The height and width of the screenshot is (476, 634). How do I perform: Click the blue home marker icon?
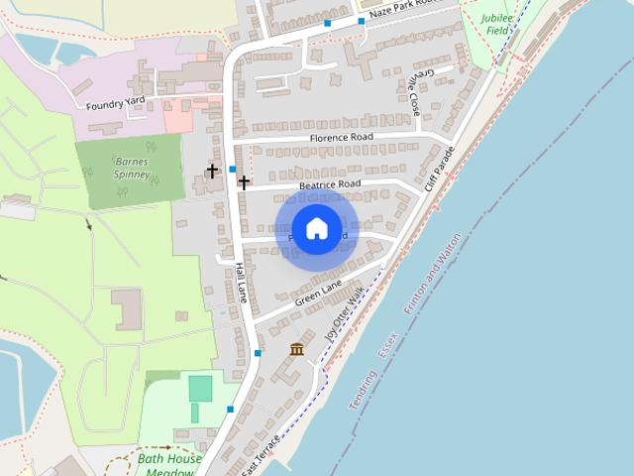pyautogui.click(x=316, y=228)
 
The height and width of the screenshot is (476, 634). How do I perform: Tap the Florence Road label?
pyautogui.click(x=341, y=137)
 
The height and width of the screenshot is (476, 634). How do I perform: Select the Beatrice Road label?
pyautogui.click(x=330, y=185)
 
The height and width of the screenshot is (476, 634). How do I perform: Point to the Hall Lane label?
pyautogui.click(x=242, y=282)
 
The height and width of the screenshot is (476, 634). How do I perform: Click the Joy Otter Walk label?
pyautogui.click(x=345, y=313)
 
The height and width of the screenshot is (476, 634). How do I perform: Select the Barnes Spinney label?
pyautogui.click(x=132, y=168)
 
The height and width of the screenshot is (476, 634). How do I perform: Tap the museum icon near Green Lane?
pyautogui.click(x=296, y=349)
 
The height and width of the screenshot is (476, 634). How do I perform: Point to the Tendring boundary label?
pyautogui.click(x=363, y=392)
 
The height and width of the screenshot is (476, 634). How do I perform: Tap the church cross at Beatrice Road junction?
pyautogui.click(x=244, y=182)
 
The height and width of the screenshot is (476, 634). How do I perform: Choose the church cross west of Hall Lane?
pyautogui.click(x=212, y=172)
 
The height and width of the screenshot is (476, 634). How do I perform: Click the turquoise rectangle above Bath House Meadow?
pyautogui.click(x=201, y=388)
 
